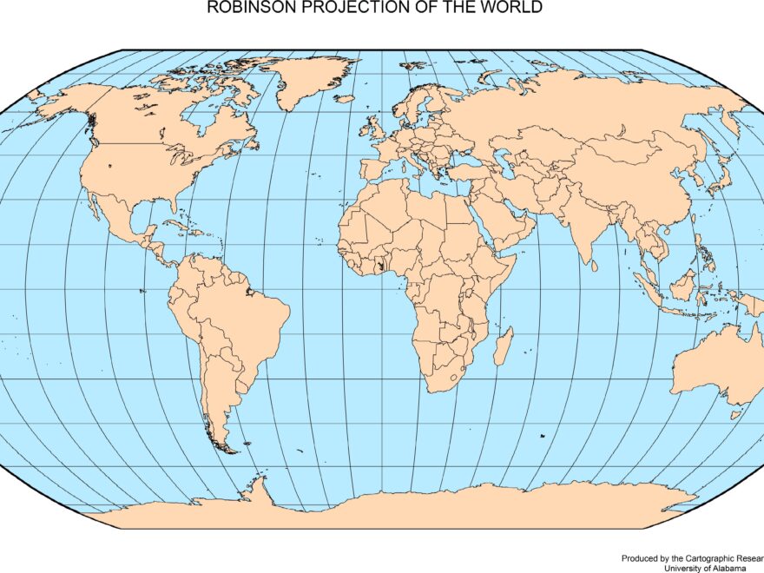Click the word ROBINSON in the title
[243, 8]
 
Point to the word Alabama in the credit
[722, 568]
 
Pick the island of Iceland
[345, 99]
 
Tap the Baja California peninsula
[93, 204]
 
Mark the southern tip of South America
[227, 451]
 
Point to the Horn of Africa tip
[517, 256]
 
